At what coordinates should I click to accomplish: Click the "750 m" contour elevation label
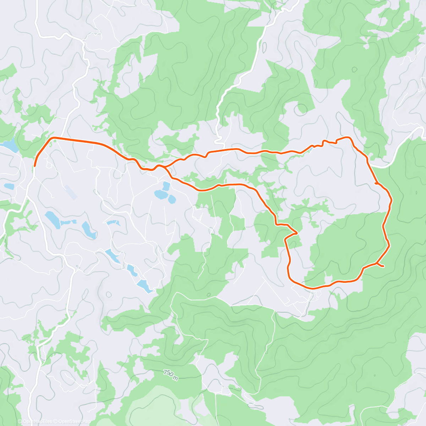pos(170,375)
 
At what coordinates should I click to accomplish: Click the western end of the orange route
pos(35,165)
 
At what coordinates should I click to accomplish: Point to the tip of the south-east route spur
pos(383,266)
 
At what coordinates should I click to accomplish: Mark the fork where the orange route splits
pos(164,166)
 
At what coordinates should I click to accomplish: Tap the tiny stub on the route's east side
pos(376,184)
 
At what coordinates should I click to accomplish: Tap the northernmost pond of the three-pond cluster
pos(166,185)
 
